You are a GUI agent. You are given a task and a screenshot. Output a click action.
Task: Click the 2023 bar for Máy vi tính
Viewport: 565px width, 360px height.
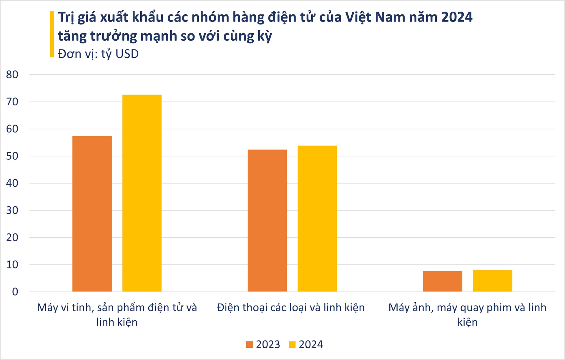coord(92,214)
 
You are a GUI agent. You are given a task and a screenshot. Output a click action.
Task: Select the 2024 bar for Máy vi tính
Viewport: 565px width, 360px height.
coord(142,193)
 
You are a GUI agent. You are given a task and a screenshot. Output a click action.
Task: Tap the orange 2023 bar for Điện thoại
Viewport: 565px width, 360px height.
coord(267,220)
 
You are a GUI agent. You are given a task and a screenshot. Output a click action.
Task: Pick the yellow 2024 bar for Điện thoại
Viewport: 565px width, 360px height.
coord(317,218)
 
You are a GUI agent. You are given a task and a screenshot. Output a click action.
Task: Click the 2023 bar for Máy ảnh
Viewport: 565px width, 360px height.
coord(443,281)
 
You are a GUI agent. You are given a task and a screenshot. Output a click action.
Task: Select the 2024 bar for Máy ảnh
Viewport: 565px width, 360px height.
coord(492,281)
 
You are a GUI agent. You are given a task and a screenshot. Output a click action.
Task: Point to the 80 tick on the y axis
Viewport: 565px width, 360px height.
coord(12,74)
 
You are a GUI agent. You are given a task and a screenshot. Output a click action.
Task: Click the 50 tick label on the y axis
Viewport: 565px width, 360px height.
coord(12,156)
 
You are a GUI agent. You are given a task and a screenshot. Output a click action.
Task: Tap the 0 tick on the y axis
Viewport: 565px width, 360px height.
coord(15,292)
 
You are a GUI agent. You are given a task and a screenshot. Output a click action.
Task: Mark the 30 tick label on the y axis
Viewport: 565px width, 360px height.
coord(12,210)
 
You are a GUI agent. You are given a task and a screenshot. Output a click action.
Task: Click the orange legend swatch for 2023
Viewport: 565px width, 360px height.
coord(250,344)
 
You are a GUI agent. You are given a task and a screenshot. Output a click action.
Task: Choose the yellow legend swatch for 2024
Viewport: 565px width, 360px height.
coord(292,344)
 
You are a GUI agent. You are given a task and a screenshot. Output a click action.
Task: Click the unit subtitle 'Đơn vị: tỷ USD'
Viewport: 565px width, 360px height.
coord(98,54)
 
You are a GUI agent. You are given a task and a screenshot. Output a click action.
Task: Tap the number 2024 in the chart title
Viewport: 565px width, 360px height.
coord(457,17)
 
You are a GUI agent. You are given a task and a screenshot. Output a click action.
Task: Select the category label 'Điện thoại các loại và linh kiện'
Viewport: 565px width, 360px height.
coord(291,307)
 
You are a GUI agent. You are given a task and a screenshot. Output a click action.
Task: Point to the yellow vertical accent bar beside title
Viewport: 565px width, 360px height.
coord(52,34)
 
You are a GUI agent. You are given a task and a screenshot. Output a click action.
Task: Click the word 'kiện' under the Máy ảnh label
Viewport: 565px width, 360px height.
coord(467,322)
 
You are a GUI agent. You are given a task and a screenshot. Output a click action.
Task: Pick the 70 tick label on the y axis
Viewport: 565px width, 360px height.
coord(12,102)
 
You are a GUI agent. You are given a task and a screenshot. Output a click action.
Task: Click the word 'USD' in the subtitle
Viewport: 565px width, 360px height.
coord(127,54)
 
